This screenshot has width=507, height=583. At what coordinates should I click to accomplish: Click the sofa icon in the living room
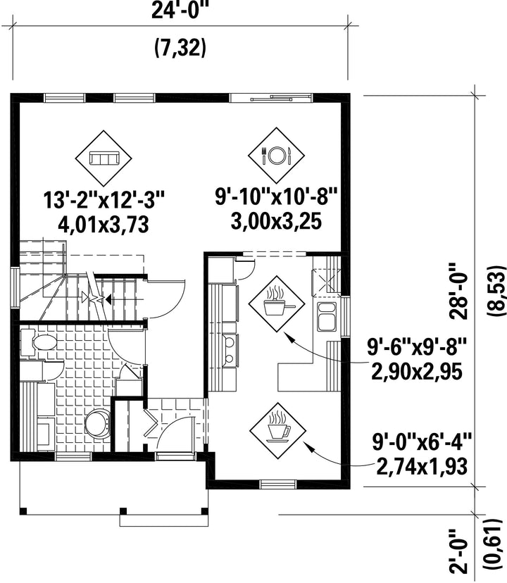[104, 158]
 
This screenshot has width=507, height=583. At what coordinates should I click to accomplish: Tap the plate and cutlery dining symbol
[276, 156]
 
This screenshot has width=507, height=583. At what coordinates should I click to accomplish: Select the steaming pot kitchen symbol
[277, 303]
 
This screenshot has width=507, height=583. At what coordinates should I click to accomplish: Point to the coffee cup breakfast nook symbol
[277, 427]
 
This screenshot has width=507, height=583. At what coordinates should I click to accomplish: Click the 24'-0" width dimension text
[181, 11]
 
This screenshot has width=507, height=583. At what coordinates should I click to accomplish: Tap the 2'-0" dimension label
[458, 551]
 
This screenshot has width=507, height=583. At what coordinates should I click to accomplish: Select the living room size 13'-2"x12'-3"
[104, 200]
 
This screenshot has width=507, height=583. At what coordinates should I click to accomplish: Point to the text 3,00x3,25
[276, 221]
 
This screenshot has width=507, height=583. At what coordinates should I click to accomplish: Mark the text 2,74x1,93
[422, 466]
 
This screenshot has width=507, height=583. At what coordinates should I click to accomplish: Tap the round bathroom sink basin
[98, 424]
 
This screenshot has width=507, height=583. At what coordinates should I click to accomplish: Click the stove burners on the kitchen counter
[229, 349]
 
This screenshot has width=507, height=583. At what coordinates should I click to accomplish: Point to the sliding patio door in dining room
[271, 99]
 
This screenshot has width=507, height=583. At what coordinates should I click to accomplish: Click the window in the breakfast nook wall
[278, 484]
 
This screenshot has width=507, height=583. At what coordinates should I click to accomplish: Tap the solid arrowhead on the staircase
[108, 299]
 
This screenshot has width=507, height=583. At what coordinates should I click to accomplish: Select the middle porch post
[123, 511]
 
